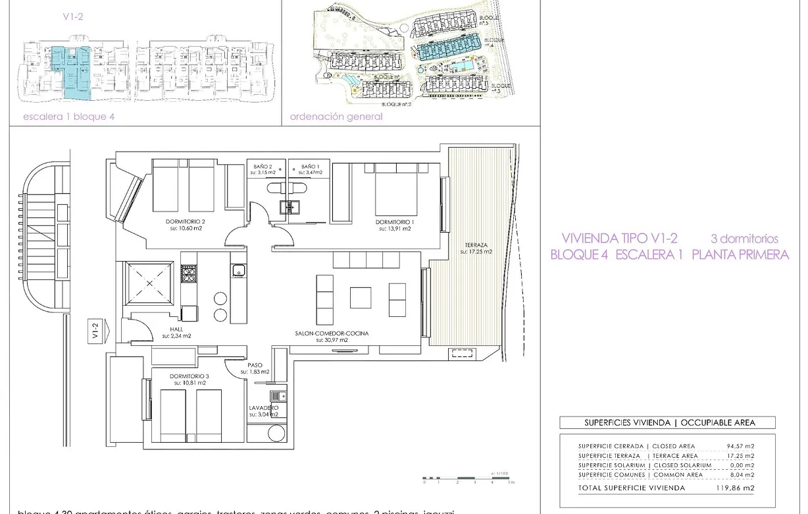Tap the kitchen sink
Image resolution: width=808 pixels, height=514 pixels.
pos(238,270)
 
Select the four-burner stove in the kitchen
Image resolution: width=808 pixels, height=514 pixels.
pos(189,273)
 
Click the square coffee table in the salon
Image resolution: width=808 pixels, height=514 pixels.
pos(360,297)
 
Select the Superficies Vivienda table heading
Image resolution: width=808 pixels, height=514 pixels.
pos(667,423)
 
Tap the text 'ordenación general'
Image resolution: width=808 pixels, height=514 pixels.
pos(336,117)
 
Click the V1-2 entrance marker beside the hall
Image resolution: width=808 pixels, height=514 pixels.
pos(95,330)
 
